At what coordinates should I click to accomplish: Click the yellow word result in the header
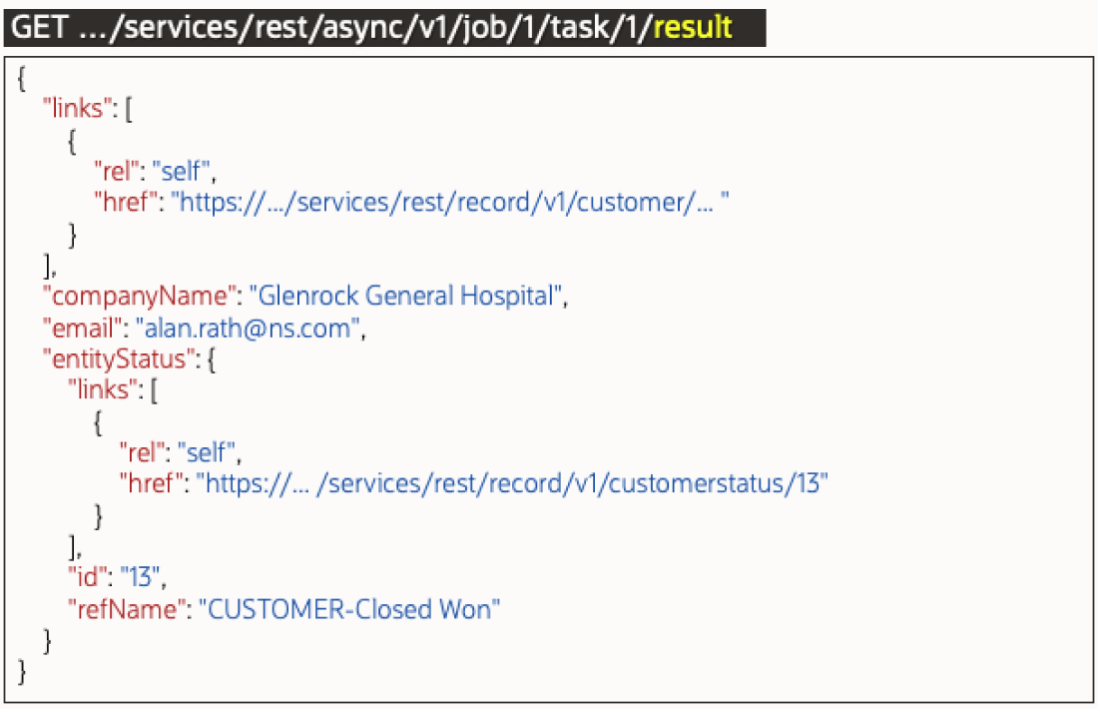pos(693,27)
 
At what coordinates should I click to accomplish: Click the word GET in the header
pos(39,27)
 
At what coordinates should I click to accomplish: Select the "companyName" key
pos(139,297)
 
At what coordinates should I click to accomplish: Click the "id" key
pos(88,577)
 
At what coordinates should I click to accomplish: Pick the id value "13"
pos(140,577)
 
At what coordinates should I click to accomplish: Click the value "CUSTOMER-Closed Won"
pos(349,609)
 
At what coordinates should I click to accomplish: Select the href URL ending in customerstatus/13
pos(512,483)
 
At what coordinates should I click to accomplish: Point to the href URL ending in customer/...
pos(449,203)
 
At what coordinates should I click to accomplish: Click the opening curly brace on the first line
pos(21,78)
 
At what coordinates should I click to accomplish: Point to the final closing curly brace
pos(21,672)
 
